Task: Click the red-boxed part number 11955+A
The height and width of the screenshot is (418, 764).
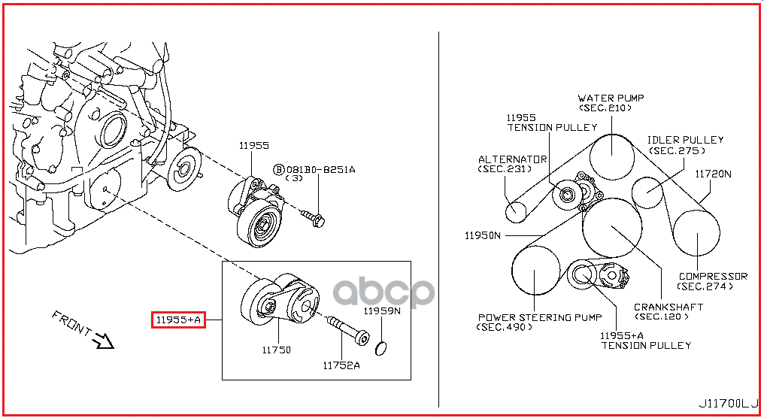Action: tap(178, 320)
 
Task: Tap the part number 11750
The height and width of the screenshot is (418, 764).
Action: tap(276, 350)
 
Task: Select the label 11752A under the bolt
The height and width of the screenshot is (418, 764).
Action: tap(341, 365)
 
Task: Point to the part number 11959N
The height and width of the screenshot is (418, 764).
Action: tap(382, 310)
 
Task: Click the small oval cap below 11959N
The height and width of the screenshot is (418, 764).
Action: tap(381, 348)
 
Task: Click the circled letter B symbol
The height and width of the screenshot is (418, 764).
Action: tap(279, 170)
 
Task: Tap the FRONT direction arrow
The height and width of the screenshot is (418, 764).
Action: tap(103, 340)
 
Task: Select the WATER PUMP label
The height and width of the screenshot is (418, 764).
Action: tap(611, 98)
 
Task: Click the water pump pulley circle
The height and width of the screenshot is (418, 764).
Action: tap(612, 157)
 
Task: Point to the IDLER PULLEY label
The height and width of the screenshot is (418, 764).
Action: tap(685, 140)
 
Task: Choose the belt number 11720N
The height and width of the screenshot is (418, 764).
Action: tap(713, 174)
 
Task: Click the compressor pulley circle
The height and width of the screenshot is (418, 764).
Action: tap(697, 233)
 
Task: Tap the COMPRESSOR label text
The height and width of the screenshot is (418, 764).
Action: tap(713, 276)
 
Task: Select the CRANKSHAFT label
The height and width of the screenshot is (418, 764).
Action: tap(668, 307)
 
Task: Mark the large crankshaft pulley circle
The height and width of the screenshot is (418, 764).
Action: tap(612, 228)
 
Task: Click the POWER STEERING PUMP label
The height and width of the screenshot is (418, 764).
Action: tap(540, 317)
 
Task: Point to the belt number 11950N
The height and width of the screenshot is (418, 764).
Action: tap(482, 236)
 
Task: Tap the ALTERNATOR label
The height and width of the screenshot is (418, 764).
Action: tap(513, 159)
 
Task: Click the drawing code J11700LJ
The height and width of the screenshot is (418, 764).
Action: tap(729, 404)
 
